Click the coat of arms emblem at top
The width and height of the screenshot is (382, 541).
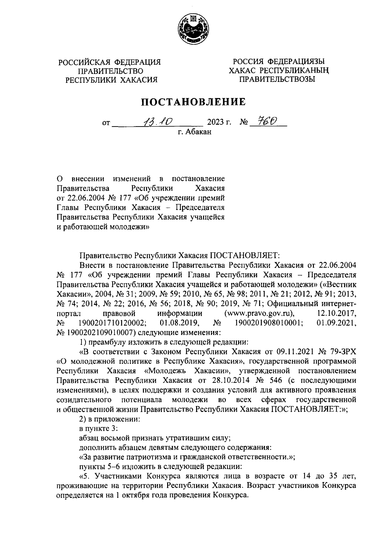click(x=191, y=29)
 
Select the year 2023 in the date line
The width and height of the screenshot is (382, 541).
click(x=216, y=122)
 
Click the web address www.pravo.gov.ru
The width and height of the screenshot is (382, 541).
click(x=258, y=313)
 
